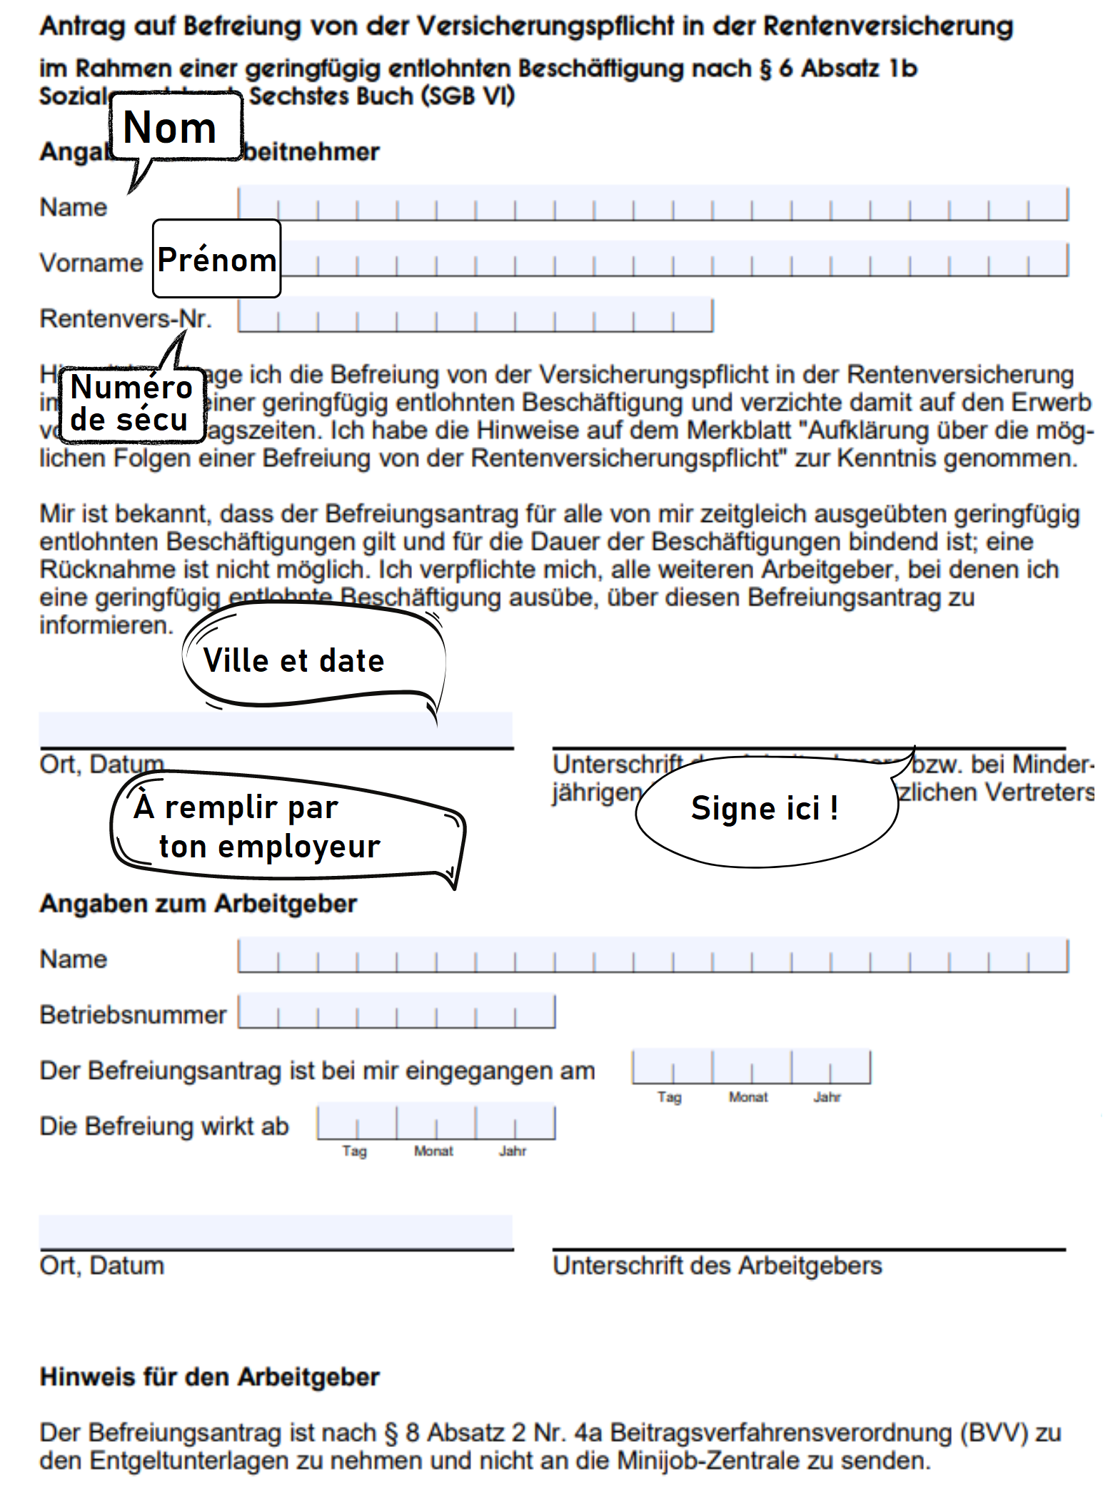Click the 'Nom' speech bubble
[x=175, y=127]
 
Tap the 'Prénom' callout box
[x=216, y=258]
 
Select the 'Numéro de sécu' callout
[x=131, y=403]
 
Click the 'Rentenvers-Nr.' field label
[x=126, y=318]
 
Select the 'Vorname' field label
[x=91, y=263]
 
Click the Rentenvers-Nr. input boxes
[x=475, y=316]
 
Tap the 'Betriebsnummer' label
[x=133, y=1014]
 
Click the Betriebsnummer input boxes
[x=396, y=1012]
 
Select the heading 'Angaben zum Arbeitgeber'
[x=198, y=903]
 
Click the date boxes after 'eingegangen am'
[x=751, y=1067]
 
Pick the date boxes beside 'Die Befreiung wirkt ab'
[x=435, y=1122]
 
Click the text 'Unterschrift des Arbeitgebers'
[x=717, y=1266]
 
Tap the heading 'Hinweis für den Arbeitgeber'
[x=209, y=1377]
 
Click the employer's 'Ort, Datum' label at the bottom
[x=101, y=1266]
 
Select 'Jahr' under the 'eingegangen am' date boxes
[x=827, y=1097]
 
